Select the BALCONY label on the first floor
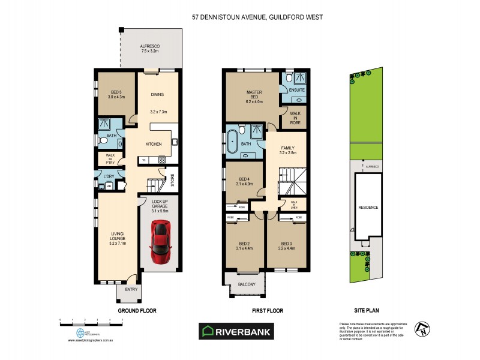[247, 284]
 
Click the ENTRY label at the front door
[131, 289]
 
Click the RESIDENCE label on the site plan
[368, 208]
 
